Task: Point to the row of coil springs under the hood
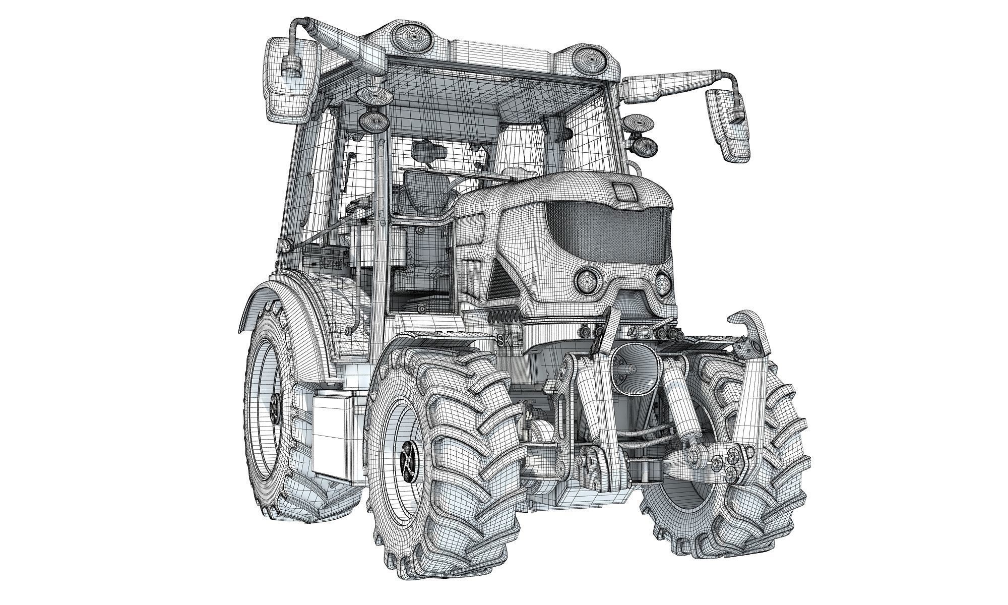pos(504,319)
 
